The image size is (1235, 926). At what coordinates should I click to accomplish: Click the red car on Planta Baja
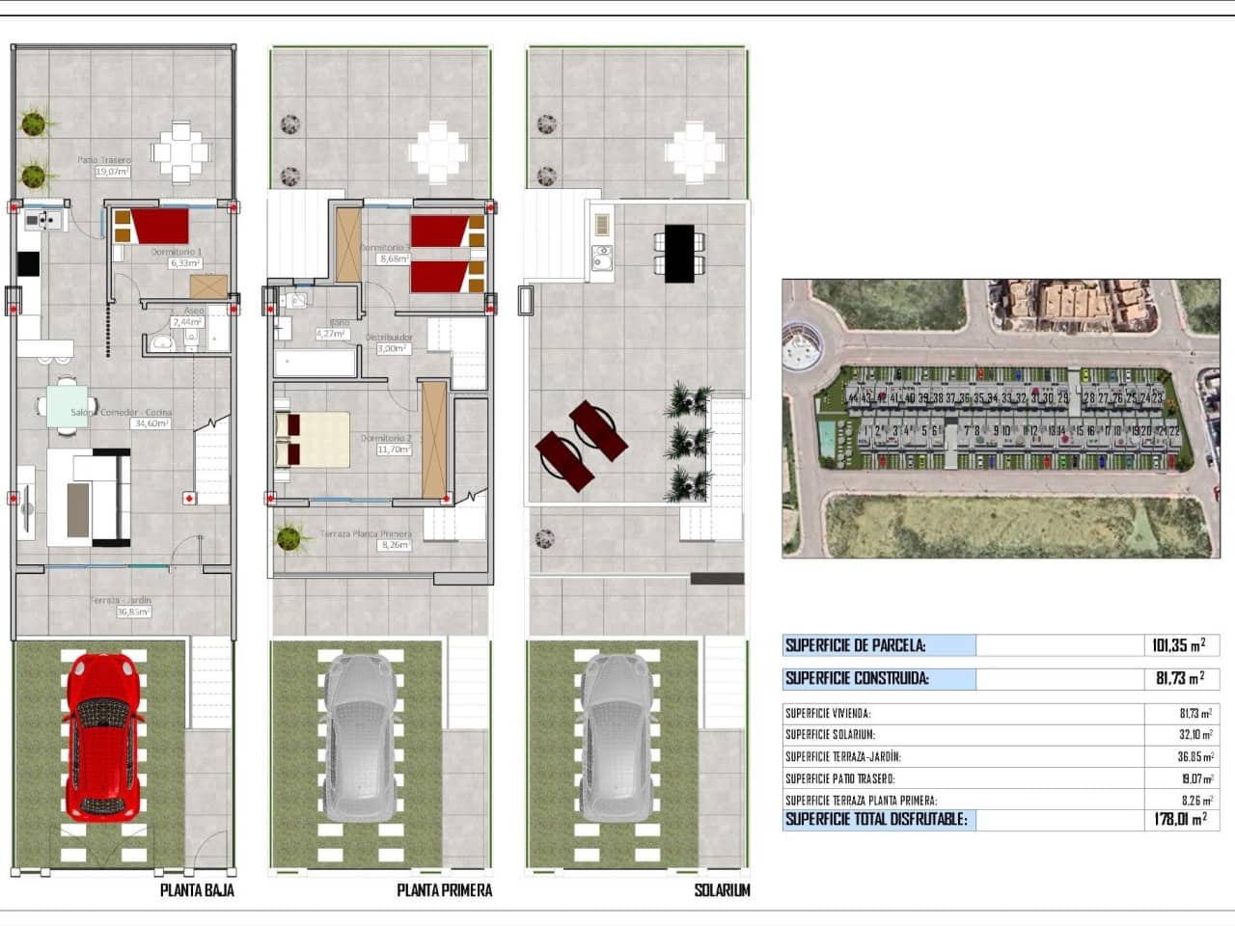[x=102, y=735]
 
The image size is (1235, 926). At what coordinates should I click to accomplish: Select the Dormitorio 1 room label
[x=177, y=257]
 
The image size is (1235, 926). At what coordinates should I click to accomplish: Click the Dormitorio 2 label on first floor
[x=386, y=444]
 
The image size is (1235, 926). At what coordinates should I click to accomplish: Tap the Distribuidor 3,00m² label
[x=389, y=343]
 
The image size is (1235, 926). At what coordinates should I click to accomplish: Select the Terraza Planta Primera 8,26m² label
[x=368, y=539]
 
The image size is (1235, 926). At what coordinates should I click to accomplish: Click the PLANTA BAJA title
[x=197, y=890]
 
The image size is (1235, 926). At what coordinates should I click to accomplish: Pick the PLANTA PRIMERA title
[x=444, y=890]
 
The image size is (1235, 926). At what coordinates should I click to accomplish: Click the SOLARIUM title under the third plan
[x=722, y=890]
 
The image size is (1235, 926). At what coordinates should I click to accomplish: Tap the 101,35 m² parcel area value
[x=1178, y=645]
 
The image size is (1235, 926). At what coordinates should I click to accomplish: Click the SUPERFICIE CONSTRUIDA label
[x=857, y=678]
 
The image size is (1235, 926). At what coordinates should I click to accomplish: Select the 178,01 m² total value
[x=1180, y=819]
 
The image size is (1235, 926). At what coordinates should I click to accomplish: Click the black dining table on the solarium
[x=679, y=253]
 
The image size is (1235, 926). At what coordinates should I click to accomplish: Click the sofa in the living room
[x=91, y=498]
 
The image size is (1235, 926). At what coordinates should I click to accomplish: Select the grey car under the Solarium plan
[x=614, y=735]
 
